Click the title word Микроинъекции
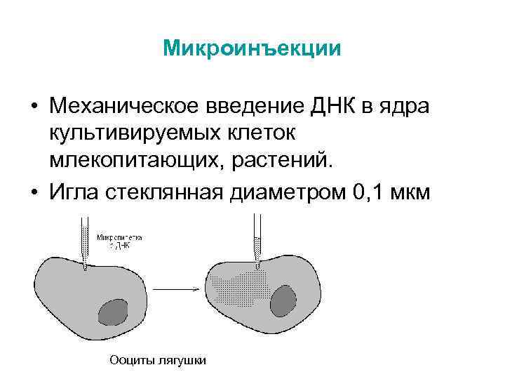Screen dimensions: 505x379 pyautogui.click(x=252, y=48)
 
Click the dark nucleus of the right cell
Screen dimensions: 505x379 pyautogui.click(x=282, y=300)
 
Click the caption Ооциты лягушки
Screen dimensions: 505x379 pyautogui.click(x=158, y=360)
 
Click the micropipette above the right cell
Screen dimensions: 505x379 pyautogui.click(x=257, y=242)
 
